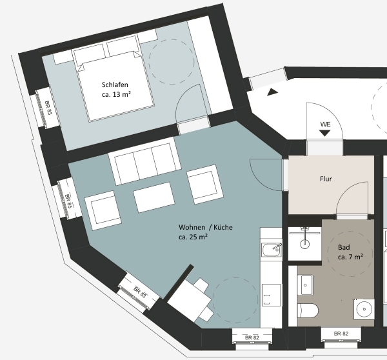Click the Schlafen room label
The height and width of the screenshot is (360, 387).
coord(115,85)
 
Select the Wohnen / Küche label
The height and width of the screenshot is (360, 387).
coord(206,227)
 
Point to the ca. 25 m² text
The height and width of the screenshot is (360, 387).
coord(193,237)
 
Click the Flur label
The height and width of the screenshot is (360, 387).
coord(326,179)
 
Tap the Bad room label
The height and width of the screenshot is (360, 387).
coord(344,247)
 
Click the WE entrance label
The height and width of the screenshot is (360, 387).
coord(325,125)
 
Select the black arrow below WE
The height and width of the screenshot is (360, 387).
coord(325,133)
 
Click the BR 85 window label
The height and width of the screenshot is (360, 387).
coord(68,201)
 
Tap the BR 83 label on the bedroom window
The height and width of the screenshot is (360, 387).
coord(48,108)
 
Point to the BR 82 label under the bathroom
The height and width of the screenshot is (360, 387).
coord(341,334)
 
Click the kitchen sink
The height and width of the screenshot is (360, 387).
coord(272,250)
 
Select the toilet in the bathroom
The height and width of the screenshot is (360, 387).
coord(308,310)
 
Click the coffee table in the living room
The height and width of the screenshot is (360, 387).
coord(154,197)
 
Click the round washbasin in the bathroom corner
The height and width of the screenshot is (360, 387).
coord(364,309)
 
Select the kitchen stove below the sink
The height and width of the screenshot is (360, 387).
coord(272,295)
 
